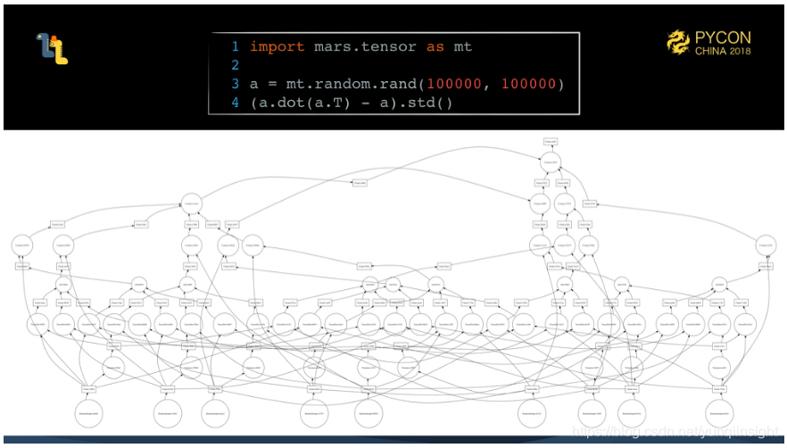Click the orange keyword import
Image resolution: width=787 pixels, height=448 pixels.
click(277, 46)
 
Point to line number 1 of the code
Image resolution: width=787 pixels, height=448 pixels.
click(236, 46)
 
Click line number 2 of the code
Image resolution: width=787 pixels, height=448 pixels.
click(236, 65)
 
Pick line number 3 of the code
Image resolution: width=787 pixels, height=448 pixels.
click(236, 84)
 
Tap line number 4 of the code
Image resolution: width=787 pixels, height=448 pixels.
click(236, 103)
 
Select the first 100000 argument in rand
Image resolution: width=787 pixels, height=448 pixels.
click(455, 84)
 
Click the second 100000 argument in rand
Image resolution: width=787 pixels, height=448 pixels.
click(529, 84)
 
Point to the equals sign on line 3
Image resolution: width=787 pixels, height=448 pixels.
click(268, 84)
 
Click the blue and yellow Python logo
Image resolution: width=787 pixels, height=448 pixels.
click(53, 49)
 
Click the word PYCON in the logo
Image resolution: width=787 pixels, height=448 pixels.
click(723, 37)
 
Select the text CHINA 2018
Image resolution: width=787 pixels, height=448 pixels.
click(723, 52)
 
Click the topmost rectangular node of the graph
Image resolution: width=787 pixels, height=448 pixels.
click(551, 142)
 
